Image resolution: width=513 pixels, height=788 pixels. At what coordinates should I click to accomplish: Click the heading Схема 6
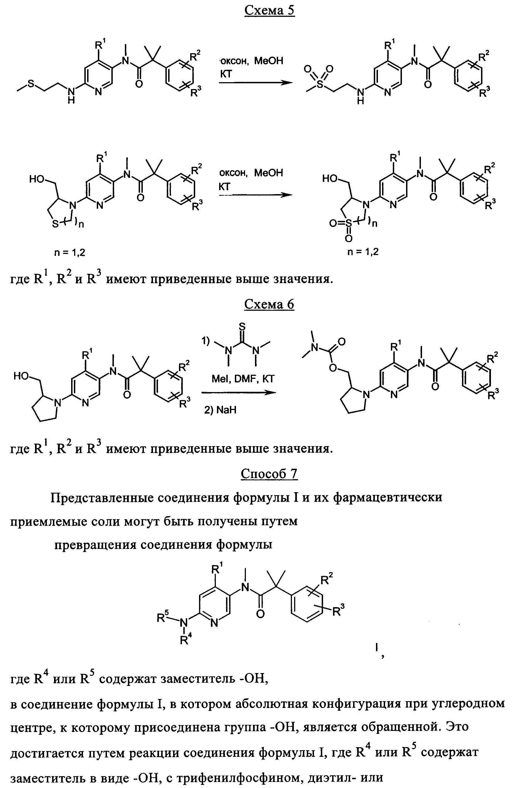[269, 304]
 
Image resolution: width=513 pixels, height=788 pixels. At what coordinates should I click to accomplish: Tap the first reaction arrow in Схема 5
[256, 83]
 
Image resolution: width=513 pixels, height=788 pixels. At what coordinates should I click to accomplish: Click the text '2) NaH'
[220, 410]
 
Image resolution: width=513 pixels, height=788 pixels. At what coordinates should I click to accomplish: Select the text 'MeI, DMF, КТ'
[243, 379]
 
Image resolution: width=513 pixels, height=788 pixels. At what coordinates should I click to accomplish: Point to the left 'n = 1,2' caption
[69, 253]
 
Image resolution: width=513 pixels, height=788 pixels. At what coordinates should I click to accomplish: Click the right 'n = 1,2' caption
[363, 252]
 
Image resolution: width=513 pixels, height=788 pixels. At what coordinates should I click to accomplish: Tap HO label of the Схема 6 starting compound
[21, 376]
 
